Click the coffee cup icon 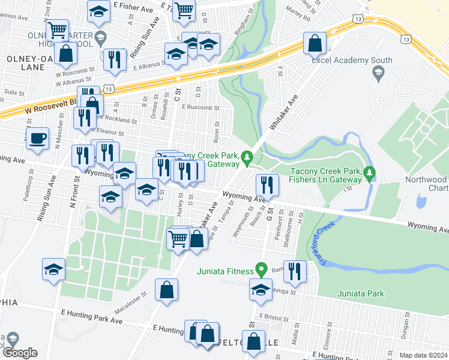[x=37, y=137]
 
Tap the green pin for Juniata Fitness [x=261, y=269]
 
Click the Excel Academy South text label [x=352, y=61]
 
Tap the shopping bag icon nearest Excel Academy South [x=315, y=43]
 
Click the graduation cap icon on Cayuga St [x=261, y=289]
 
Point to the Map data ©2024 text [x=423, y=355]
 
